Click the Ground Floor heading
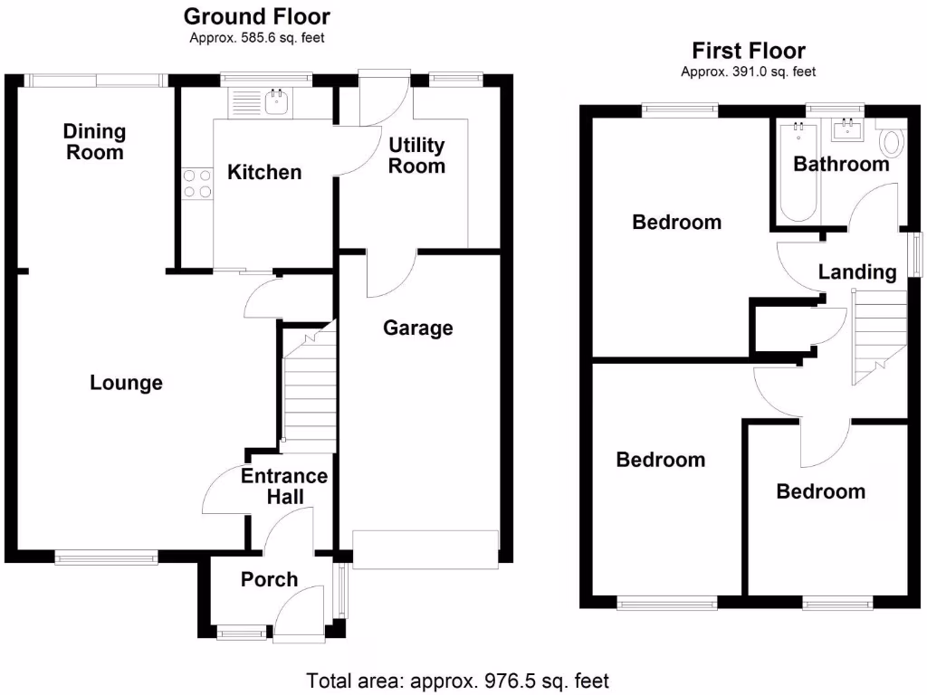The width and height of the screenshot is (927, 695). pos(257,16)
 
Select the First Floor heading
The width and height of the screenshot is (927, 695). pos(748,51)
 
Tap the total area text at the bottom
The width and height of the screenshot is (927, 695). pos(458,680)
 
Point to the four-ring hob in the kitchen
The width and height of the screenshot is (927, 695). pos(196,183)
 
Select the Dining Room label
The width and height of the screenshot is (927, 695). pos(94,142)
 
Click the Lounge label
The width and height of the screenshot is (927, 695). pos(127,383)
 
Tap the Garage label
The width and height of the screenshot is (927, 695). pos(417,328)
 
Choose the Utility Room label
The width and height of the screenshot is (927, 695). pos(416,156)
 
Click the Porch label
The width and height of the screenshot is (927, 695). pos(269,579)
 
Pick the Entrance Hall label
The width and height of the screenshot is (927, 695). pos(284,486)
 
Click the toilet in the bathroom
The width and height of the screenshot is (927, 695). pos(892,142)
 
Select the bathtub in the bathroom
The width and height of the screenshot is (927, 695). pos(798,172)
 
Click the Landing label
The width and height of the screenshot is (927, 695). pos(856,271)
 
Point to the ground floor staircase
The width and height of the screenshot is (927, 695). pos(308,389)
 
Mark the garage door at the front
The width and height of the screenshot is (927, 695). pos(425,549)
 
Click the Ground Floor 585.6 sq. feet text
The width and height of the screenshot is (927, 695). pos(257,38)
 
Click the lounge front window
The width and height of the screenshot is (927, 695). pos(107,558)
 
